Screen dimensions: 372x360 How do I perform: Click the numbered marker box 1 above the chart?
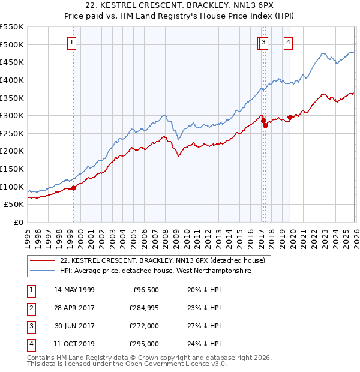[x=72, y=43]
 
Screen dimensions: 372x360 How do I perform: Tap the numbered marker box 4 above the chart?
[x=289, y=43]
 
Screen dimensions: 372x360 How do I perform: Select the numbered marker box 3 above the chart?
[x=265, y=43]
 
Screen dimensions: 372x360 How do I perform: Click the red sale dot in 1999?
[x=74, y=188]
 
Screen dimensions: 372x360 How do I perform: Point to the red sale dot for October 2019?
[x=290, y=117]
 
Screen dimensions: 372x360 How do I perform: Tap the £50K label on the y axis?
[x=14, y=205]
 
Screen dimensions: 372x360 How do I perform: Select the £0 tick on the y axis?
[x=18, y=222]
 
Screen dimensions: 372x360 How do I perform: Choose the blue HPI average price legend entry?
[x=155, y=271]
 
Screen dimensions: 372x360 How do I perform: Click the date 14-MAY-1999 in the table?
[x=74, y=290]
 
